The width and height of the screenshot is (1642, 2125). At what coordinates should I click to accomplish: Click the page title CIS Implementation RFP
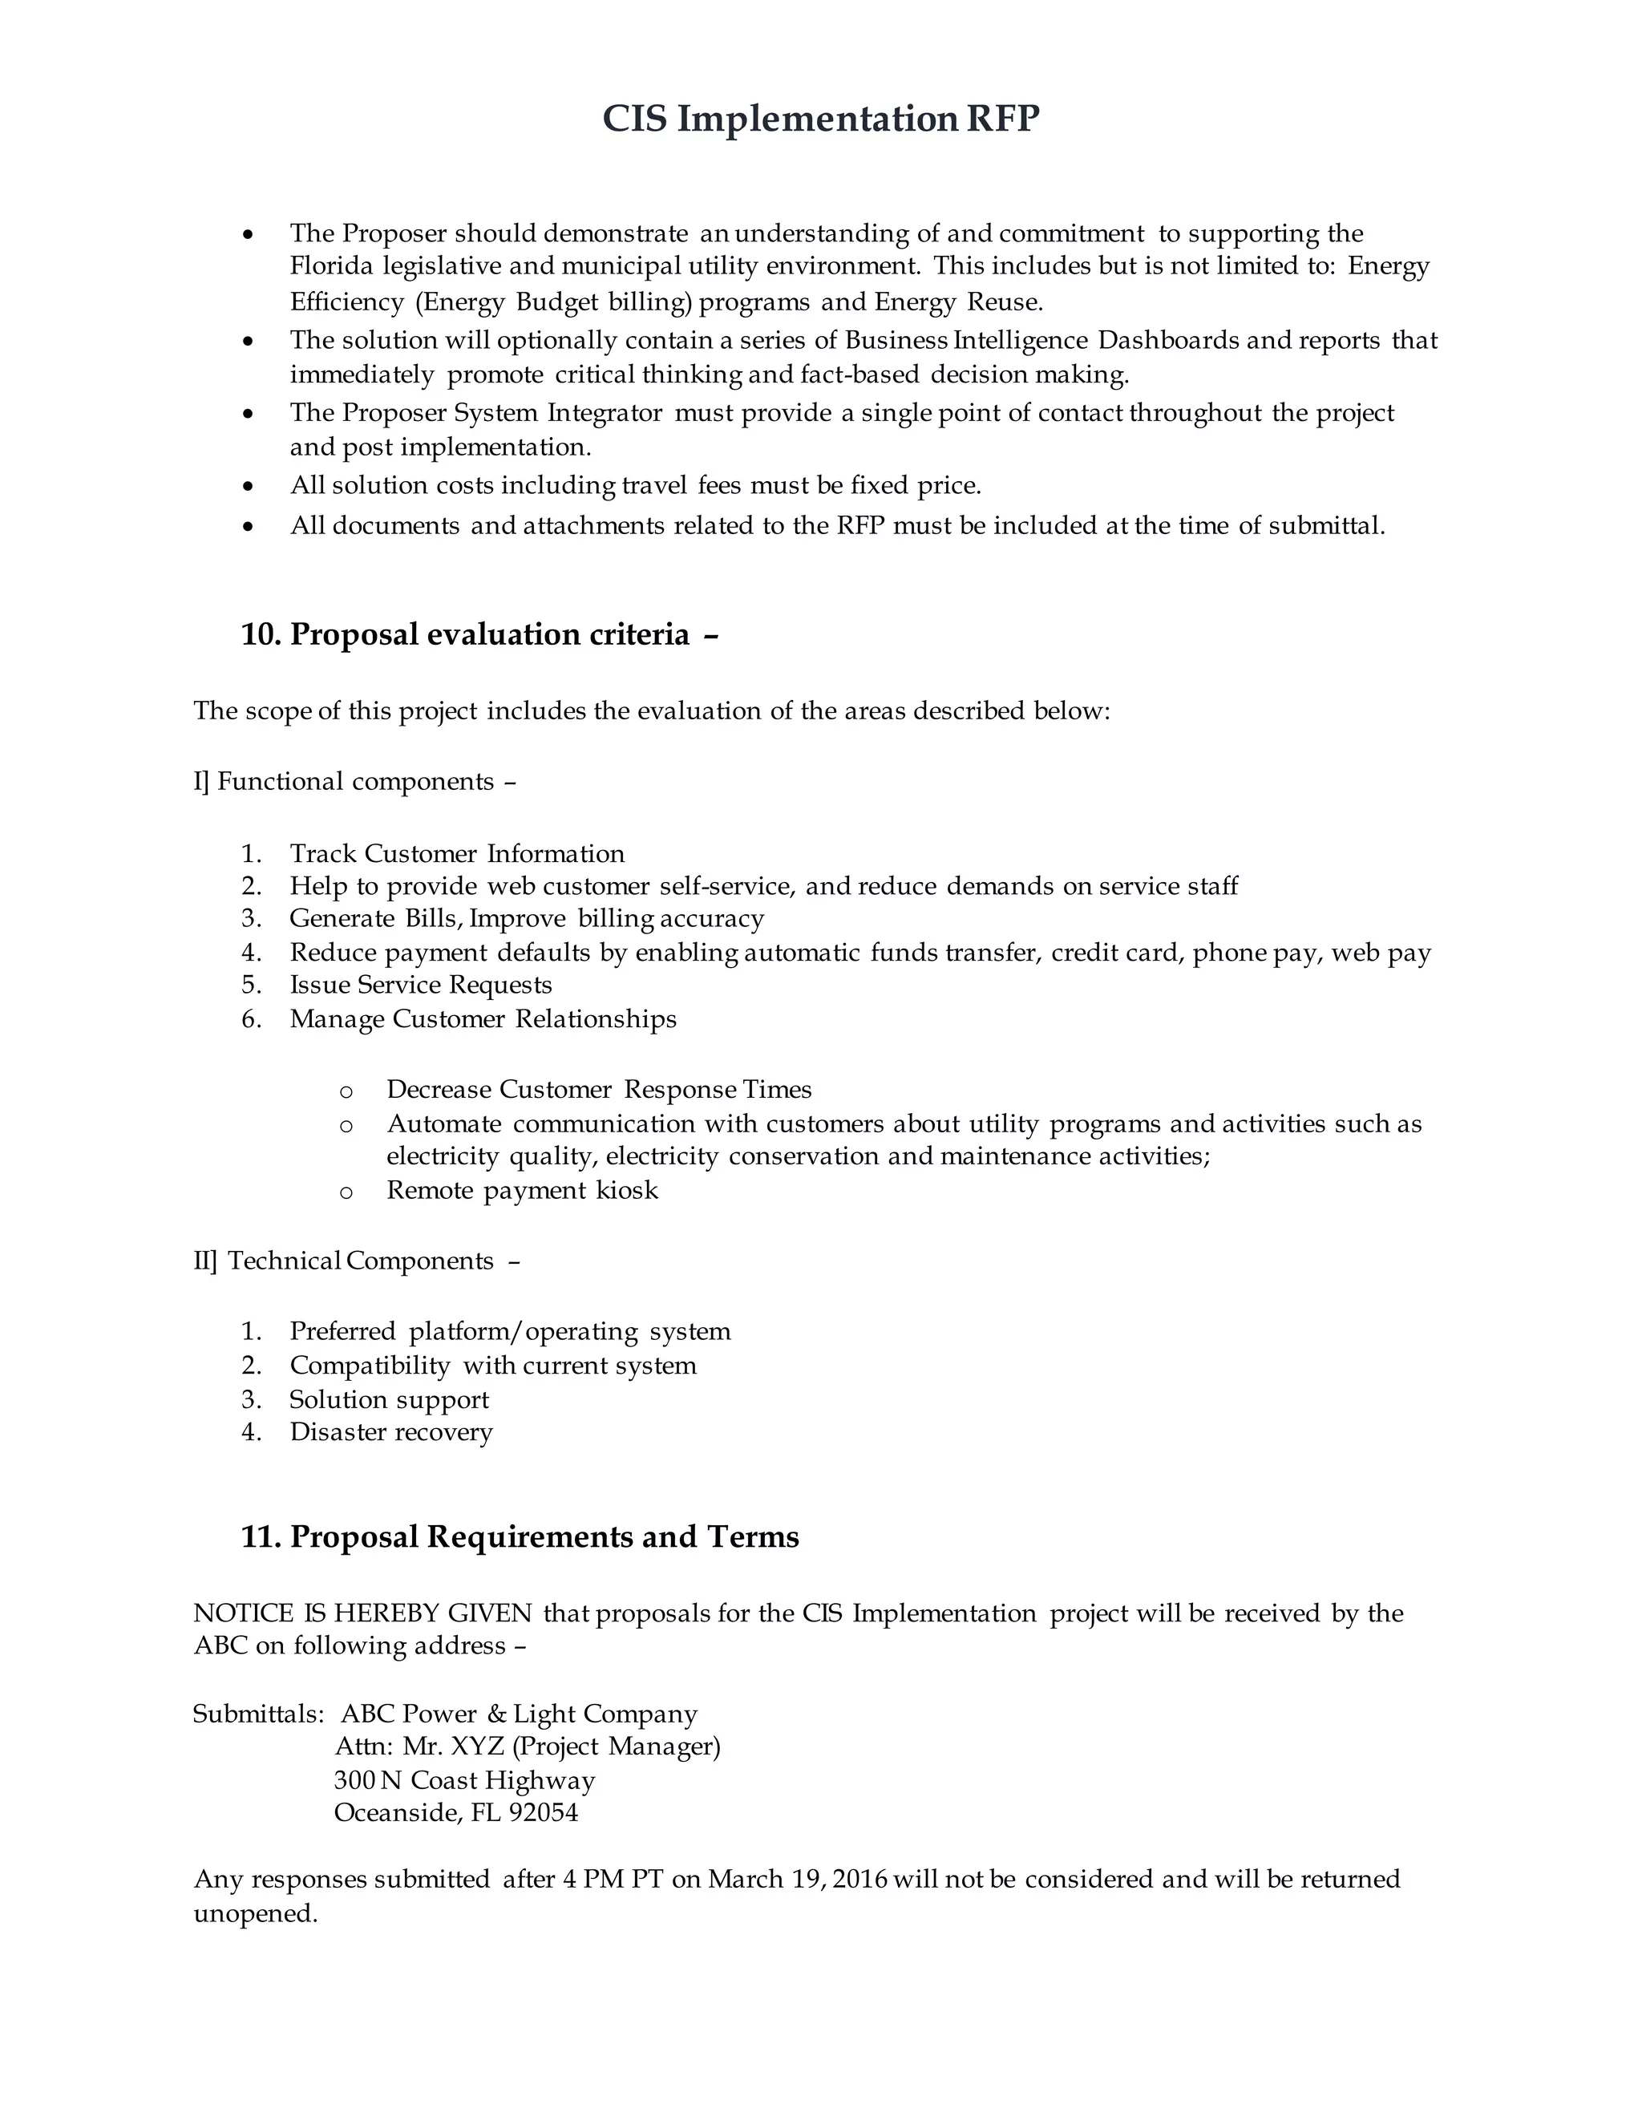820,119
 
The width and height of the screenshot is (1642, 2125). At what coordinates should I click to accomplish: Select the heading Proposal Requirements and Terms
544,1536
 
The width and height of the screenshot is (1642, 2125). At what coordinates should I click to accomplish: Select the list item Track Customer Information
456,853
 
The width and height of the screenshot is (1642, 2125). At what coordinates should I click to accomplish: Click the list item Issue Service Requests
420,985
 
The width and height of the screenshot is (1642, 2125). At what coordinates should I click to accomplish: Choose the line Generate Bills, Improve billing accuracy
526,918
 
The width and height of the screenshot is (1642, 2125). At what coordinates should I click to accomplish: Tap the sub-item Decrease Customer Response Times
598,1089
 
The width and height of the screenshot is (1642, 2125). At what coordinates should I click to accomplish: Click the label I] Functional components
354,781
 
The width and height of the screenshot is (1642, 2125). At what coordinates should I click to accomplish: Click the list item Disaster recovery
390,1432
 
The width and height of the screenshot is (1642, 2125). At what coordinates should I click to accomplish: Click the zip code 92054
543,1813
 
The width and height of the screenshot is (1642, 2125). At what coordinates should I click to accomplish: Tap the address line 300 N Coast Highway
464,1779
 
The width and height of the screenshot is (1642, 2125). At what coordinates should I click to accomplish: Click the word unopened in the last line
255,1914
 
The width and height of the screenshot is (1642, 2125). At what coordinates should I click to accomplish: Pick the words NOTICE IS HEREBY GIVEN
362,1613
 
